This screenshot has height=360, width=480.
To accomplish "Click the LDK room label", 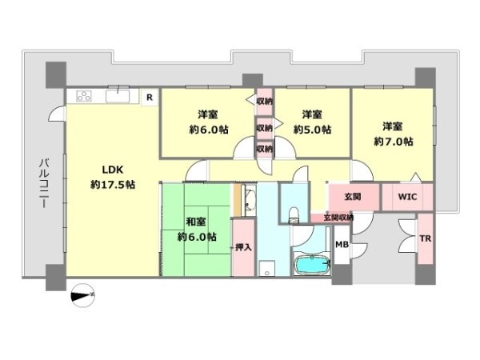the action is pos(112,170).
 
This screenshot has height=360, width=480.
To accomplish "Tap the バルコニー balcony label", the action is pos(45,183).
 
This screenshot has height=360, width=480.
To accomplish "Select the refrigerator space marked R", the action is pos(150,98).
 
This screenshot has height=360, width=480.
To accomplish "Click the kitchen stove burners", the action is pos(84,97).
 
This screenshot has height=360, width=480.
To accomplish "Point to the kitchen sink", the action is pos(118,96).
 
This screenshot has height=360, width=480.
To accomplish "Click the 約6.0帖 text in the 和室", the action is pos(197,237).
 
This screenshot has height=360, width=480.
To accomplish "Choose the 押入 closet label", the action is pos(243,247).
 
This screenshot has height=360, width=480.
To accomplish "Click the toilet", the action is pos(294,215).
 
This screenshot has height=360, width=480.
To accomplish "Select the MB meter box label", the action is pos(342,244).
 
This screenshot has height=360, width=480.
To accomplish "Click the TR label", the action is pos(426,238).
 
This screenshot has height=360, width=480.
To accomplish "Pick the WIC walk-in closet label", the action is pos(407,196).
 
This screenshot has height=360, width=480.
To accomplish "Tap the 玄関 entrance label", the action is pos(353,197).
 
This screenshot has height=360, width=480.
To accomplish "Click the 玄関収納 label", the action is pos(338,218).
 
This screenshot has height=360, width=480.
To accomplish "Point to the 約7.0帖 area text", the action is pos(394,142).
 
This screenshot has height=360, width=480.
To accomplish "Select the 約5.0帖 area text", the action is pos(312,130).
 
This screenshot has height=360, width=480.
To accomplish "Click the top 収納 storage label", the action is pos(265,102).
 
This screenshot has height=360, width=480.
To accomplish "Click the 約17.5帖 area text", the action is pos(113,185).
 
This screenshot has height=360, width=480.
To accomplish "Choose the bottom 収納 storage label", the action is pos(265,149).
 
